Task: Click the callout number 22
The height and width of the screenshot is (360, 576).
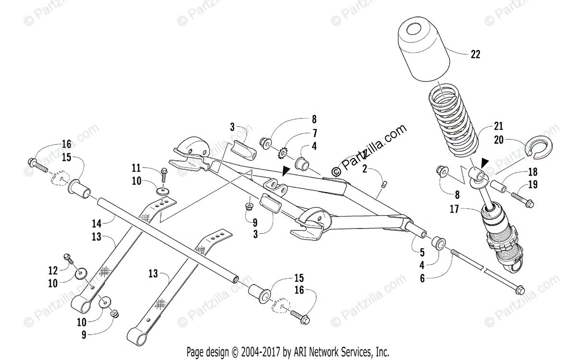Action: [x=475, y=54]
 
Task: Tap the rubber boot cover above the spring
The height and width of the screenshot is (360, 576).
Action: [x=424, y=50]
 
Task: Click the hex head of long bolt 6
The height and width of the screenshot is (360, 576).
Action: [x=520, y=290]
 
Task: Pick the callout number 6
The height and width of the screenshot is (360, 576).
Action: [x=422, y=277]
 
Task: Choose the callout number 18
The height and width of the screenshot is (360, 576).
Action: [x=532, y=172]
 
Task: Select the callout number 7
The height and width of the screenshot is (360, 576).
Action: [x=314, y=132]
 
